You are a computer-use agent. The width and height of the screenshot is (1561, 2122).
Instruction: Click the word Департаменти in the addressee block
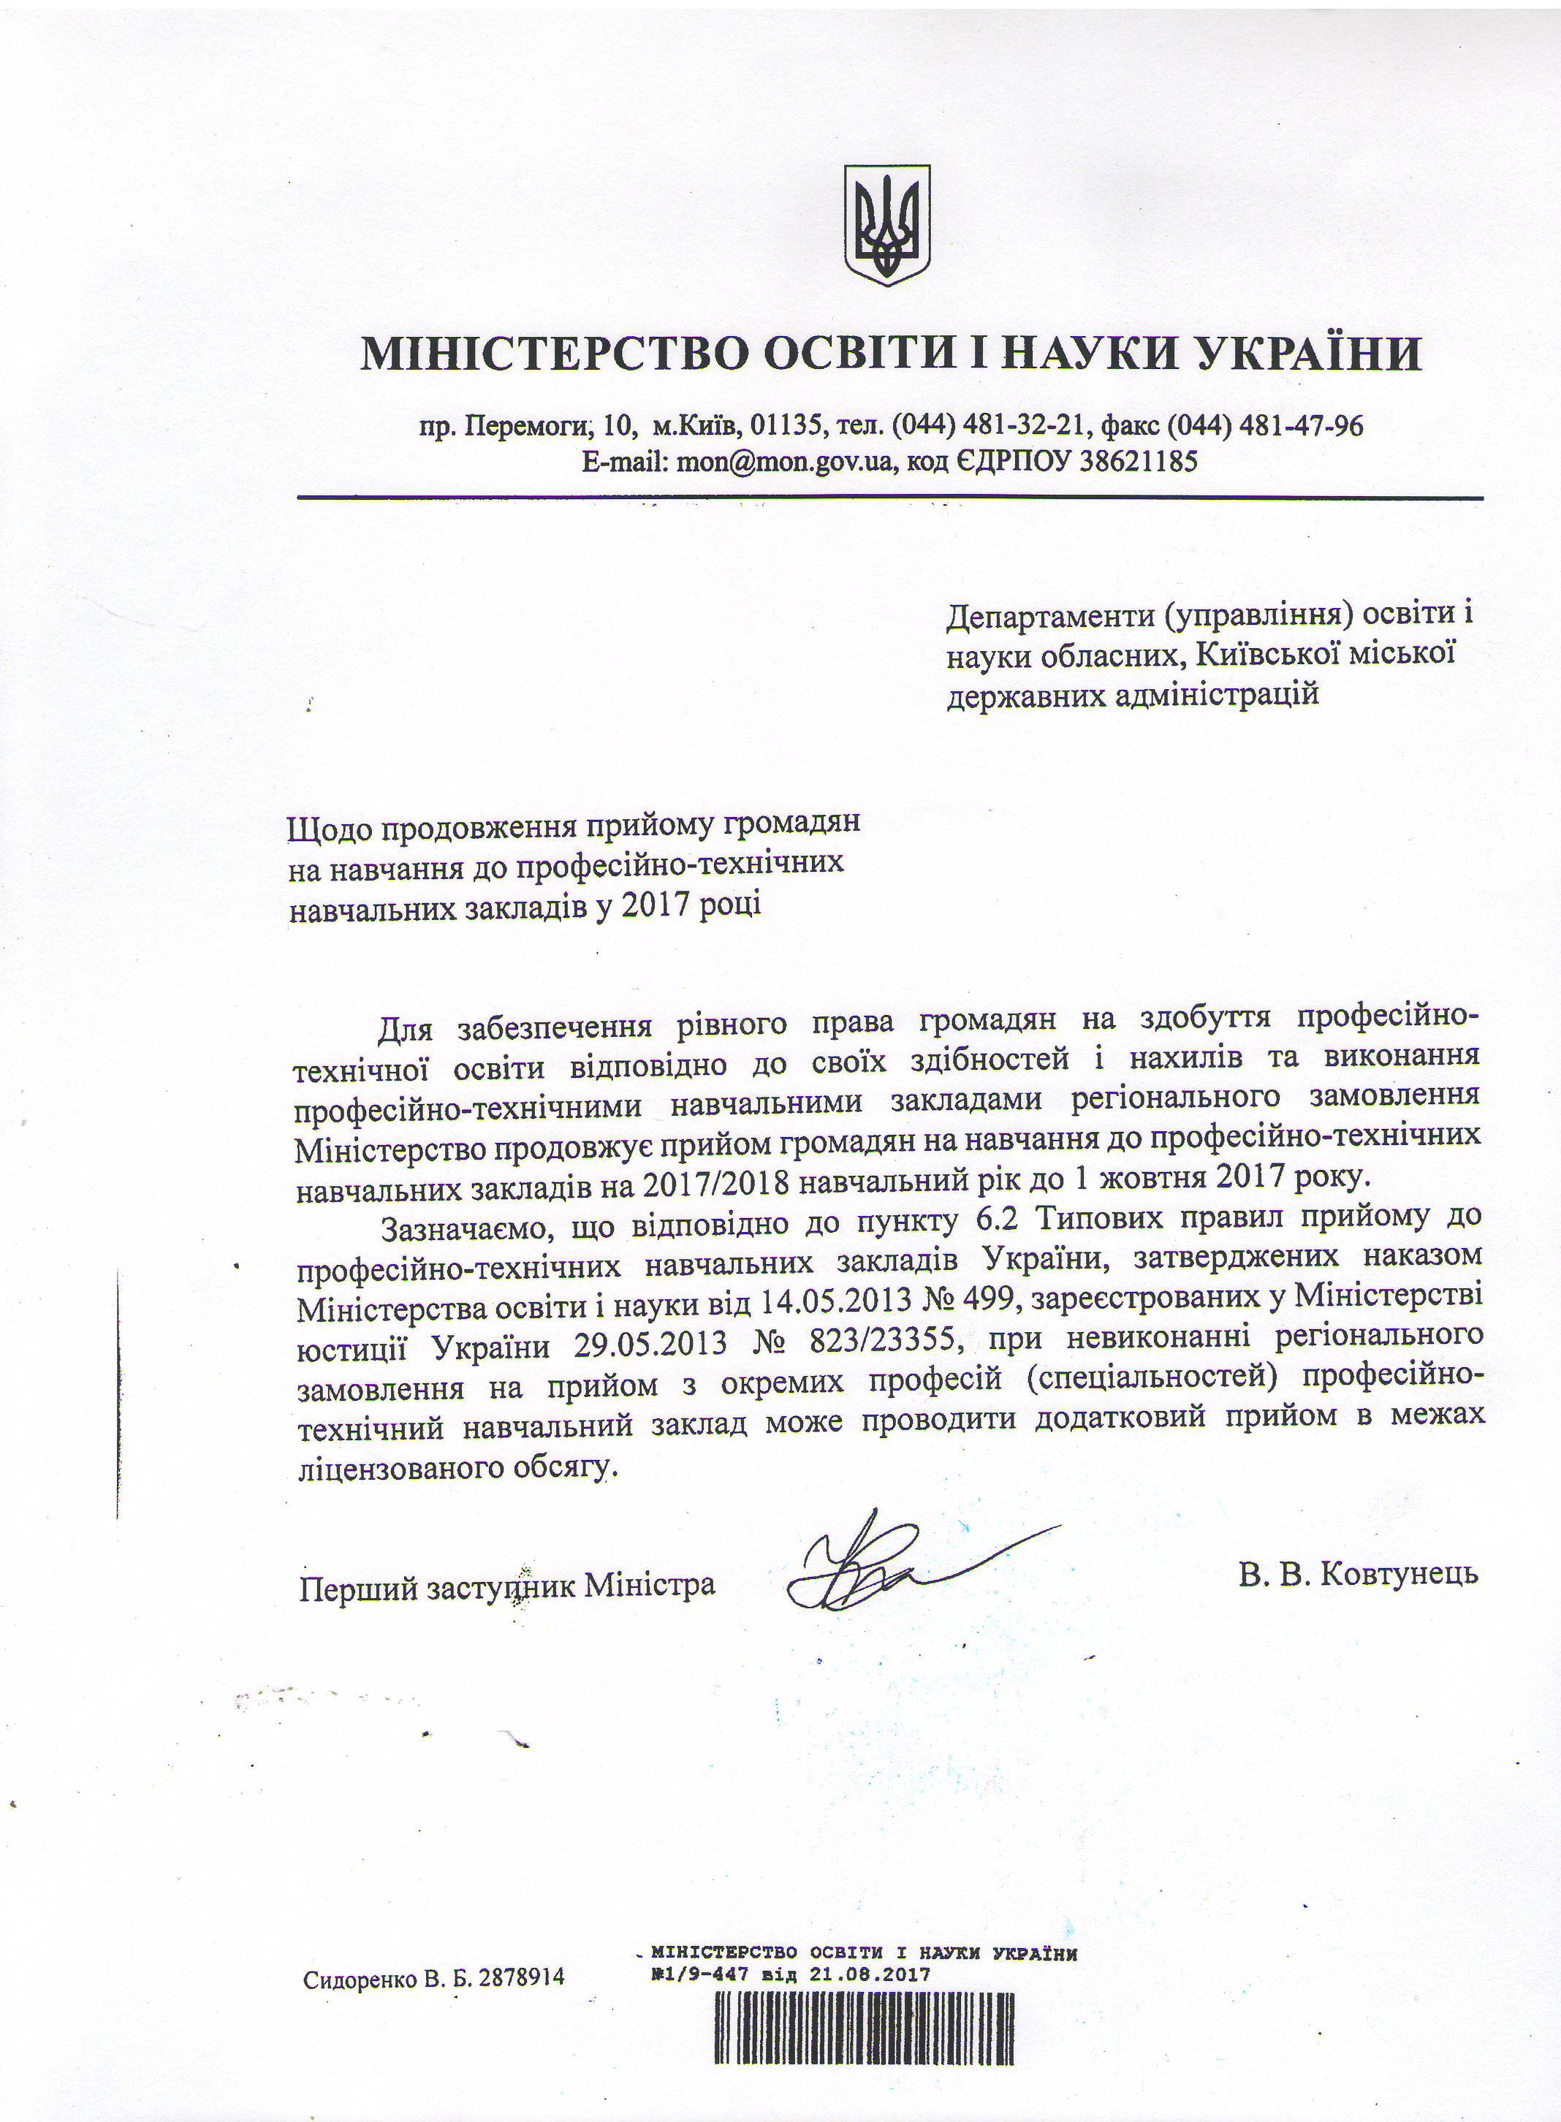pyautogui.click(x=1048, y=616)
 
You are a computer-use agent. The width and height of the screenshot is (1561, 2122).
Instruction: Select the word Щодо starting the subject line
pyautogui.click(x=326, y=824)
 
